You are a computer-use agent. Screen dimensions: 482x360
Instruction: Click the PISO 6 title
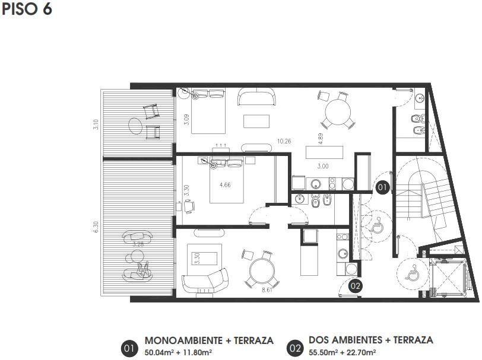(x=27, y=9)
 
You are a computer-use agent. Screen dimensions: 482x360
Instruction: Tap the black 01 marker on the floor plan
(x=382, y=187)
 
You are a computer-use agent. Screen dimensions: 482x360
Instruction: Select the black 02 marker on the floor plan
(x=356, y=286)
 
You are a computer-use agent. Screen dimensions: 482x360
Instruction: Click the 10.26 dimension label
(x=284, y=141)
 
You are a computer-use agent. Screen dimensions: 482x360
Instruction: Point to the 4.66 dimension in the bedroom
(x=225, y=185)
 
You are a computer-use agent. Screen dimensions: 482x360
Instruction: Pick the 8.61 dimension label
(x=267, y=289)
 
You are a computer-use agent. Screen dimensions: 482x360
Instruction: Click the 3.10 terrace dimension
(x=96, y=125)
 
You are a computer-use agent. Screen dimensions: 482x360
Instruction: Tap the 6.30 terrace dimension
(x=96, y=227)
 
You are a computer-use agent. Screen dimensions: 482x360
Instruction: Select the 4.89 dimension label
(x=321, y=139)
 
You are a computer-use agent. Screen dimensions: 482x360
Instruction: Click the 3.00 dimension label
(x=323, y=166)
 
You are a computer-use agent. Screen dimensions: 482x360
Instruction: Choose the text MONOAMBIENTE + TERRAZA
(x=209, y=340)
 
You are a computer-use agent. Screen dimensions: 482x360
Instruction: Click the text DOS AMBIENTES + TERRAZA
(x=371, y=340)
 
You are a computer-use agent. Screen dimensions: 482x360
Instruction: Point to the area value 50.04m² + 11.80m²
(x=178, y=352)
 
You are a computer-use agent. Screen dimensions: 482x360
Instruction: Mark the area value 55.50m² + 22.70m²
(x=342, y=352)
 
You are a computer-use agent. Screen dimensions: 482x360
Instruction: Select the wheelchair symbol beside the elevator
(x=411, y=272)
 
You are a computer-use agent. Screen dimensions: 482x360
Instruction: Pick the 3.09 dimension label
(x=186, y=119)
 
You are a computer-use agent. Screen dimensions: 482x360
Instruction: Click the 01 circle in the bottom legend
(x=129, y=349)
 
